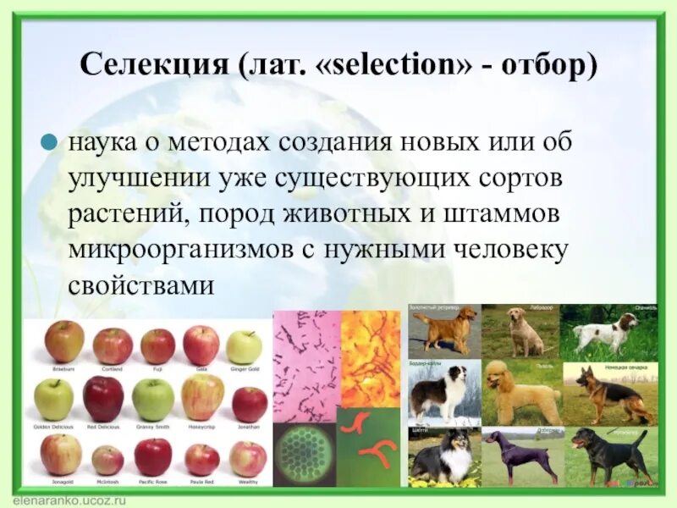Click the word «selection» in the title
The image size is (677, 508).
tap(412, 66)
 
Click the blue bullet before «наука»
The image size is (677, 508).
tap(51, 141)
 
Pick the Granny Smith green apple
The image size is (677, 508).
tap(153, 399)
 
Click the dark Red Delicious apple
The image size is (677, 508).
tap(103, 398)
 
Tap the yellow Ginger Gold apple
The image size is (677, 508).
tap(244, 347)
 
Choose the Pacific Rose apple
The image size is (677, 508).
tap(153, 456)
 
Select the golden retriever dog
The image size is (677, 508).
tap(443, 330)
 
